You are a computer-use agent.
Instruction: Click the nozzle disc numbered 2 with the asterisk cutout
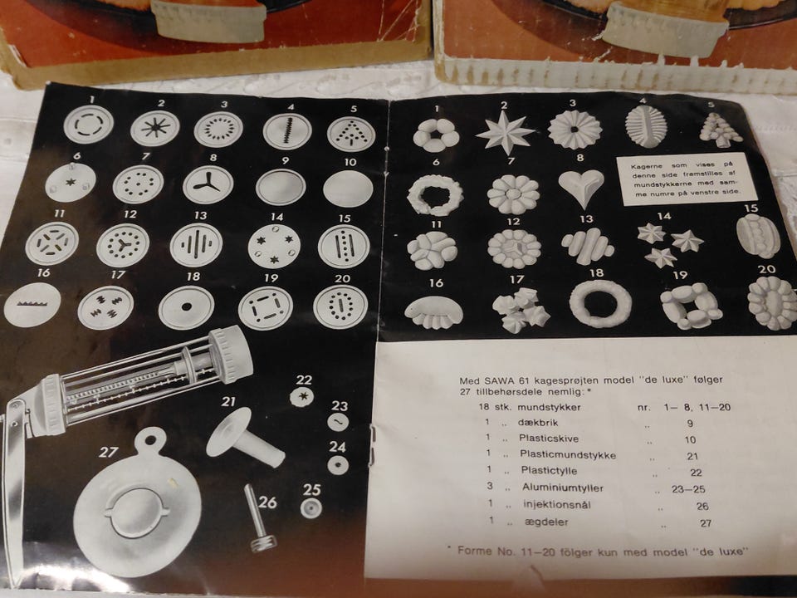[x=155, y=128]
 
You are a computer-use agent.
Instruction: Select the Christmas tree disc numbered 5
[x=352, y=135]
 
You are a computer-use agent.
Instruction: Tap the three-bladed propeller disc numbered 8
[x=208, y=184]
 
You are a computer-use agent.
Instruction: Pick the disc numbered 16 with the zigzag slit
[x=32, y=305]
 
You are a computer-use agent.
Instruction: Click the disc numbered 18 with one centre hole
[x=186, y=307]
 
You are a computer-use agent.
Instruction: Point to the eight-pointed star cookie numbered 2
[x=505, y=132]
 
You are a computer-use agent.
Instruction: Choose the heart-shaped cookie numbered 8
[x=581, y=188]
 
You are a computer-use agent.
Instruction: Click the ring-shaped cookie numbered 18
[x=600, y=304]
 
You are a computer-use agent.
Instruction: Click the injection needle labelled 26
[x=258, y=518]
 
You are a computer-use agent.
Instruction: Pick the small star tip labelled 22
[x=301, y=397]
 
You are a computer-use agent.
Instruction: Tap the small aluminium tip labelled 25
[x=310, y=508]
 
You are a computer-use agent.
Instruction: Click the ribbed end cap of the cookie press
[x=231, y=354]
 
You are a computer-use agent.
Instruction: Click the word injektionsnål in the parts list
[x=556, y=505]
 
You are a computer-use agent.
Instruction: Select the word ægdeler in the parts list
[x=546, y=522]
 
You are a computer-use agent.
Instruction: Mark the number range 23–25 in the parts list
[x=687, y=489]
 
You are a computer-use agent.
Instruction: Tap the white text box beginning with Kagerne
[x=687, y=179]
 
